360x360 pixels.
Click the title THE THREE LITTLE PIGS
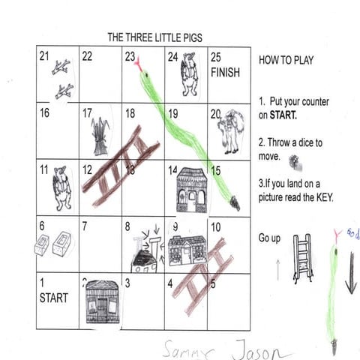tap(154, 37)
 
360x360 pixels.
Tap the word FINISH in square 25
tap(226, 73)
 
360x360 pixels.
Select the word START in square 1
tap(53, 298)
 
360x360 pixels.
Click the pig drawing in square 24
tap(187, 73)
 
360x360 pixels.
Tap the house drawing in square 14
tap(191, 190)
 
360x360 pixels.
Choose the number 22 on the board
tap(87, 56)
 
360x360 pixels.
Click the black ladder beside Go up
tap(302, 258)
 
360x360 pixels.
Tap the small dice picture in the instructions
tap(293, 159)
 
